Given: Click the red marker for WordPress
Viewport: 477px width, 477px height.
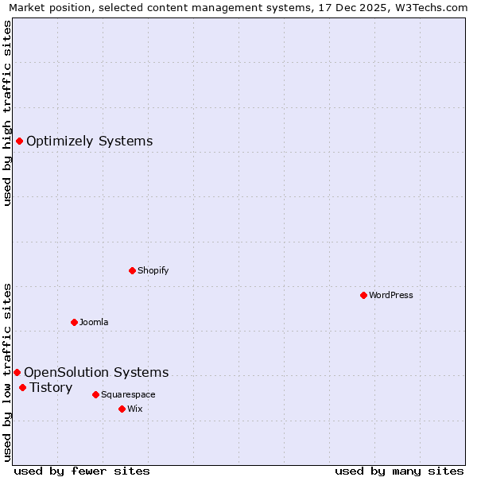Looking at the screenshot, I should (363, 295).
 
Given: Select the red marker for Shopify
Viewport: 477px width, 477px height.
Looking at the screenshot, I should (132, 270).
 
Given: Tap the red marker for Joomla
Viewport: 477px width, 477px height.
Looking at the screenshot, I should (74, 322).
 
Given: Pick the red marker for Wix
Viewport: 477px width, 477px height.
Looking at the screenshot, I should (122, 409).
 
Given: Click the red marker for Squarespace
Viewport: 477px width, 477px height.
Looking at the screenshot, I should (95, 394).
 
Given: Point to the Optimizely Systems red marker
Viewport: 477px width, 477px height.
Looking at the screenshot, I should (19, 142).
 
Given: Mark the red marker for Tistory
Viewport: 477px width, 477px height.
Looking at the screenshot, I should (22, 388).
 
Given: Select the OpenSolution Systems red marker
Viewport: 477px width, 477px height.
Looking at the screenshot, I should (17, 372).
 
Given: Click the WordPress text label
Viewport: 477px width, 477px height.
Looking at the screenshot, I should (391, 295).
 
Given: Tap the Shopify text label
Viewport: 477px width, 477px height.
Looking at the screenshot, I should (153, 270).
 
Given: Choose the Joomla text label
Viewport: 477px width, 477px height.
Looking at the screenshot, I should (94, 322).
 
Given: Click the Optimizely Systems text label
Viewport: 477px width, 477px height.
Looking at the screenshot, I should (90, 142).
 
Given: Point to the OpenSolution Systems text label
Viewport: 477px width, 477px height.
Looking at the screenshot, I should (96, 372).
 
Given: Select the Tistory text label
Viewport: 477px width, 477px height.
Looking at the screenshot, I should (51, 388).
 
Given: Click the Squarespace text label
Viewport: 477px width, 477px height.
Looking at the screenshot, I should (128, 394).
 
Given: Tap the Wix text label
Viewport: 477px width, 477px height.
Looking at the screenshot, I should (135, 409).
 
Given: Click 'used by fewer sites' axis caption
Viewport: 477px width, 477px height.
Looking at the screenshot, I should (82, 471).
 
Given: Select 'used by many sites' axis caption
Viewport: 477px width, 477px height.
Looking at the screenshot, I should (399, 471).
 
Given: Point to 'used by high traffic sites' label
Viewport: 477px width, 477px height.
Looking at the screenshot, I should (8, 113).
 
